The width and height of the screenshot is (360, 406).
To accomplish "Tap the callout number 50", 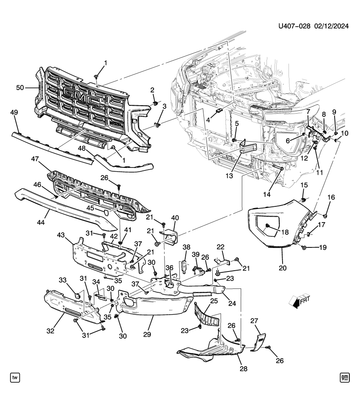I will pyautogui.click(x=20, y=88).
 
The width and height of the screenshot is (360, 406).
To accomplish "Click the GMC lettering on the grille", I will pyautogui.click(x=82, y=97).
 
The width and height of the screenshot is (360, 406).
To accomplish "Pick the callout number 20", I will pyautogui.click(x=283, y=268).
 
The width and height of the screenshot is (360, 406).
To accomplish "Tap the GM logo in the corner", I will pyautogui.click(x=345, y=377).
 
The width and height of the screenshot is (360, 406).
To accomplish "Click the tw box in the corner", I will pyautogui.click(x=15, y=377).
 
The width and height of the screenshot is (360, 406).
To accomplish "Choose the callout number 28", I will pyautogui.click(x=243, y=369).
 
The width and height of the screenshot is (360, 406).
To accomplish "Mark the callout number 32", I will pyautogui.click(x=50, y=331).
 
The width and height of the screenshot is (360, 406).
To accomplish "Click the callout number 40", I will pyautogui.click(x=175, y=218).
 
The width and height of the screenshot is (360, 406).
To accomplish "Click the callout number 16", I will pyautogui.click(x=331, y=198).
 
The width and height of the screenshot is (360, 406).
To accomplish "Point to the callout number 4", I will pyautogui.click(x=208, y=120).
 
